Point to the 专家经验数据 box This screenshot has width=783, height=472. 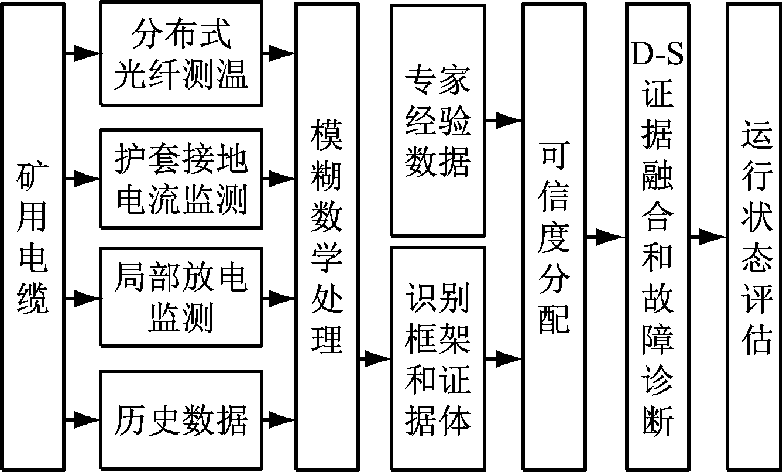click(x=438, y=121)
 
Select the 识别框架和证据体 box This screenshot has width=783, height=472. click(x=438, y=358)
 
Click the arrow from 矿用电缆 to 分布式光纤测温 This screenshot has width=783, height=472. click(x=83, y=53)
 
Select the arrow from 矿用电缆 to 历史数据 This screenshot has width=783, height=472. click(x=83, y=419)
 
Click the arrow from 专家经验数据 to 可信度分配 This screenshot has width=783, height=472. click(x=503, y=121)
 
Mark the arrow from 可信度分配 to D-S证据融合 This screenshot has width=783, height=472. click(x=605, y=237)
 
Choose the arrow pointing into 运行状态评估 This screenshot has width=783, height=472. click(x=707, y=237)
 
